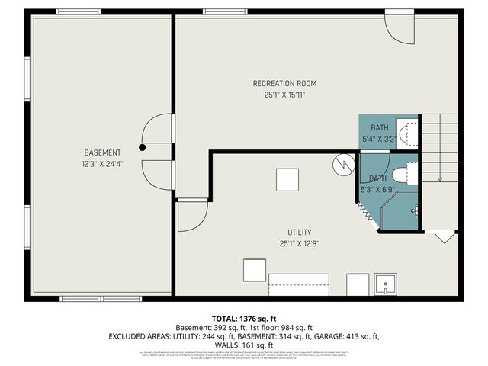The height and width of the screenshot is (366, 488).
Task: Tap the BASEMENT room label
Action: [x=103, y=152]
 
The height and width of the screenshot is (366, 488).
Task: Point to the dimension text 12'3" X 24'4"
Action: [x=103, y=163]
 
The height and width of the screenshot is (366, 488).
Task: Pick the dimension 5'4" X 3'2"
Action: [x=379, y=138]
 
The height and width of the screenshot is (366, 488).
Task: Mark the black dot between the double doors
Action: [x=142, y=147]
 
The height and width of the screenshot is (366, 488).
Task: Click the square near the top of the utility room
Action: [x=288, y=179]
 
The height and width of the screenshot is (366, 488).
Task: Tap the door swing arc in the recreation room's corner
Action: [x=398, y=27]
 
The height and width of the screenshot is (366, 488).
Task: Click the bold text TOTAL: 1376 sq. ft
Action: [x=244, y=317]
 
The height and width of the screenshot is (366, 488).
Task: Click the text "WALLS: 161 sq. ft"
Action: [x=244, y=345]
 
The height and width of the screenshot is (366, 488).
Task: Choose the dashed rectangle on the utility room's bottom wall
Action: [x=300, y=286]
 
